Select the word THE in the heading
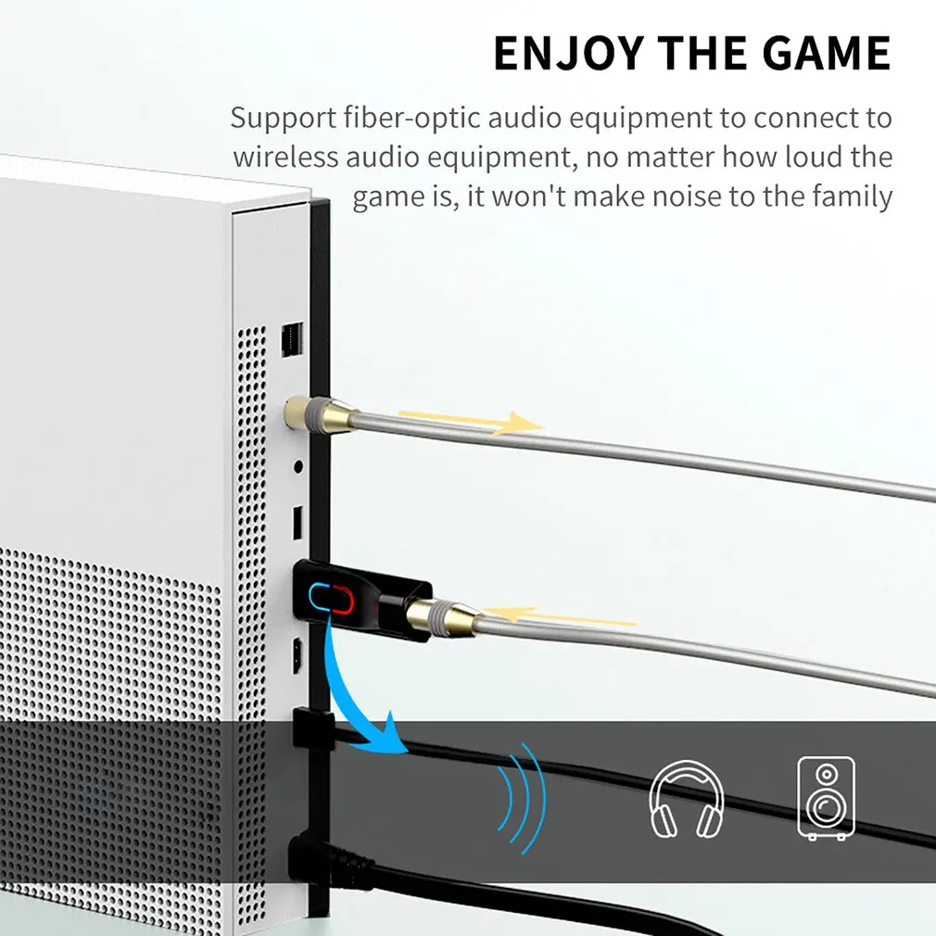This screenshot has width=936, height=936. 707,53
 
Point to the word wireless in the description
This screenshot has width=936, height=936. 285,158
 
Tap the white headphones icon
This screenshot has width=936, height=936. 686,798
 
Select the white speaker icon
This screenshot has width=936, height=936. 826,798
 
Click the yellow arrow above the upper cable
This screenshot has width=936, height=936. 471,421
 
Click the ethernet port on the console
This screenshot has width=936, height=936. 292,340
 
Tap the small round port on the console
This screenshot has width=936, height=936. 297,466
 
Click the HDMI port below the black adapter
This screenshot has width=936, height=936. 297,656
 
